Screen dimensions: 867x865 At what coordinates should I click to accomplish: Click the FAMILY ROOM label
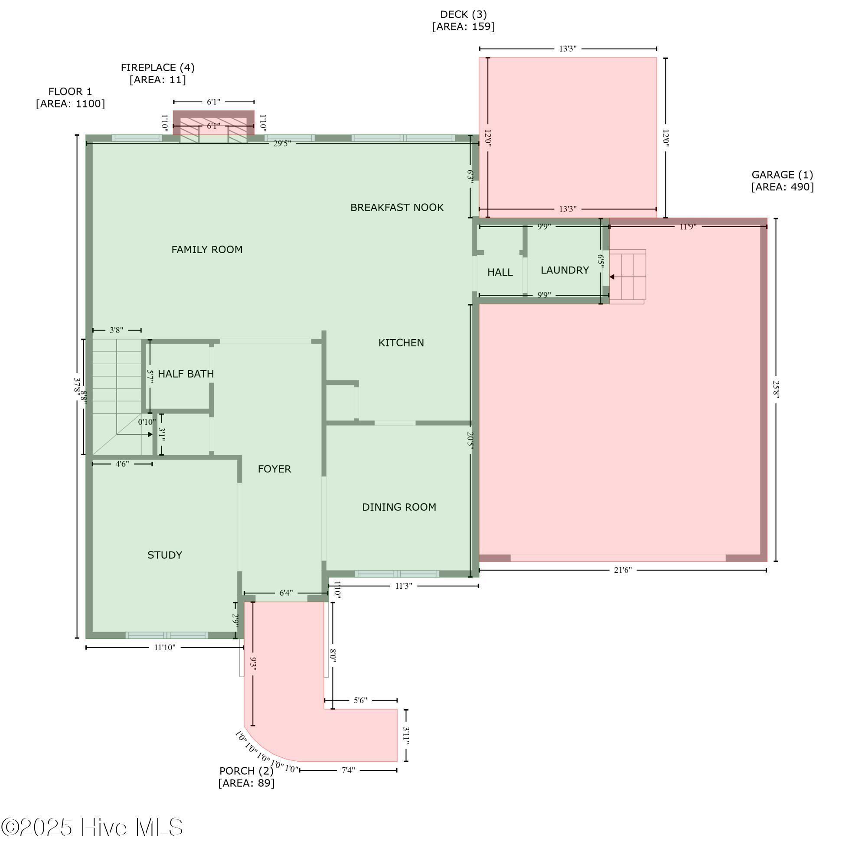[207, 250]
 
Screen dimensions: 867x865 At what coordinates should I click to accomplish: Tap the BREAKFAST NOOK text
[397, 207]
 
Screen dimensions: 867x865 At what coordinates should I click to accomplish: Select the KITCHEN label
[401, 343]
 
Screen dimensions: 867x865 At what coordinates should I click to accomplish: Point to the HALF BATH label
[186, 374]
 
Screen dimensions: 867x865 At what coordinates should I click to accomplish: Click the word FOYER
[274, 469]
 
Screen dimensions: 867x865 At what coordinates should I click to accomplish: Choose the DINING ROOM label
[399, 507]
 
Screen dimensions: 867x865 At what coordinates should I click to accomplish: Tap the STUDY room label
[165, 555]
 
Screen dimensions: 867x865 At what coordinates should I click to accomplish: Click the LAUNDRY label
[565, 270]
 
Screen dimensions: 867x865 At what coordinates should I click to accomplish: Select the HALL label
[499, 272]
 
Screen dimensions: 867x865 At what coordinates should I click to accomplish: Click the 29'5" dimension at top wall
[282, 143]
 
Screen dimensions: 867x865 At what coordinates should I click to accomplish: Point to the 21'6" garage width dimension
[623, 570]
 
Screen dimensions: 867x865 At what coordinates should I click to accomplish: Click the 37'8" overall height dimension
[77, 385]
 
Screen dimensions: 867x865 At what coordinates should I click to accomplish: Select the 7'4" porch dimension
[348, 770]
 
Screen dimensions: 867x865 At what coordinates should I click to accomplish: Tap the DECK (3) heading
[463, 15]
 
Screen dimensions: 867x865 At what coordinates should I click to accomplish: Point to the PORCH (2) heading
[246, 771]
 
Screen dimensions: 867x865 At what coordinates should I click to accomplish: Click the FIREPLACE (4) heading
[157, 68]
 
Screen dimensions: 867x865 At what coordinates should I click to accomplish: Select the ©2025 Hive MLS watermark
[92, 827]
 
